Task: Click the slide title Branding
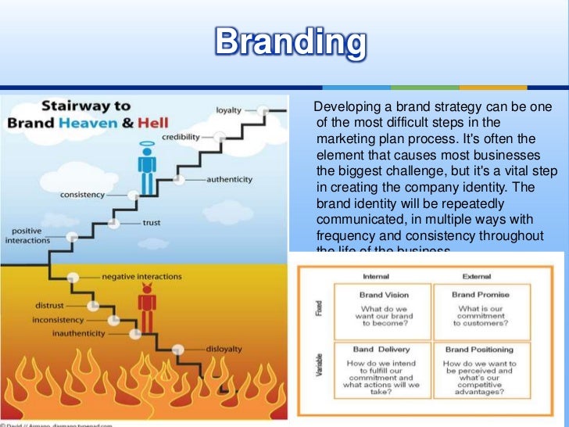tap(290, 44)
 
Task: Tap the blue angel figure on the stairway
tap(146, 174)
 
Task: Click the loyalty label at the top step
tap(227, 110)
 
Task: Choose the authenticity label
tap(230, 179)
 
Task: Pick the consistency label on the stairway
tap(83, 192)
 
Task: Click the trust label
tap(152, 223)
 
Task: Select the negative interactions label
tap(141, 276)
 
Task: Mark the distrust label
tap(49, 304)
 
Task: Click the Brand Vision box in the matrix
tap(382, 310)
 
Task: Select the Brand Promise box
tap(481, 310)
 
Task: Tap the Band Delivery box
tap(382, 372)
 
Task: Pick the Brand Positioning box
tap(481, 372)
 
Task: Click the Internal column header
tap(376, 277)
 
